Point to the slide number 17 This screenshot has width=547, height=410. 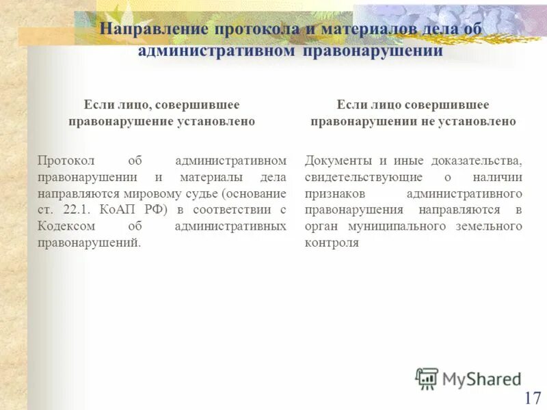coord(533,398)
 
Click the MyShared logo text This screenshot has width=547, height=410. coord(481,378)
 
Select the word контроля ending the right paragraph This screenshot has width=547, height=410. coord(332,243)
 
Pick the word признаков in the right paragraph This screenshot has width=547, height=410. coord(332,193)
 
